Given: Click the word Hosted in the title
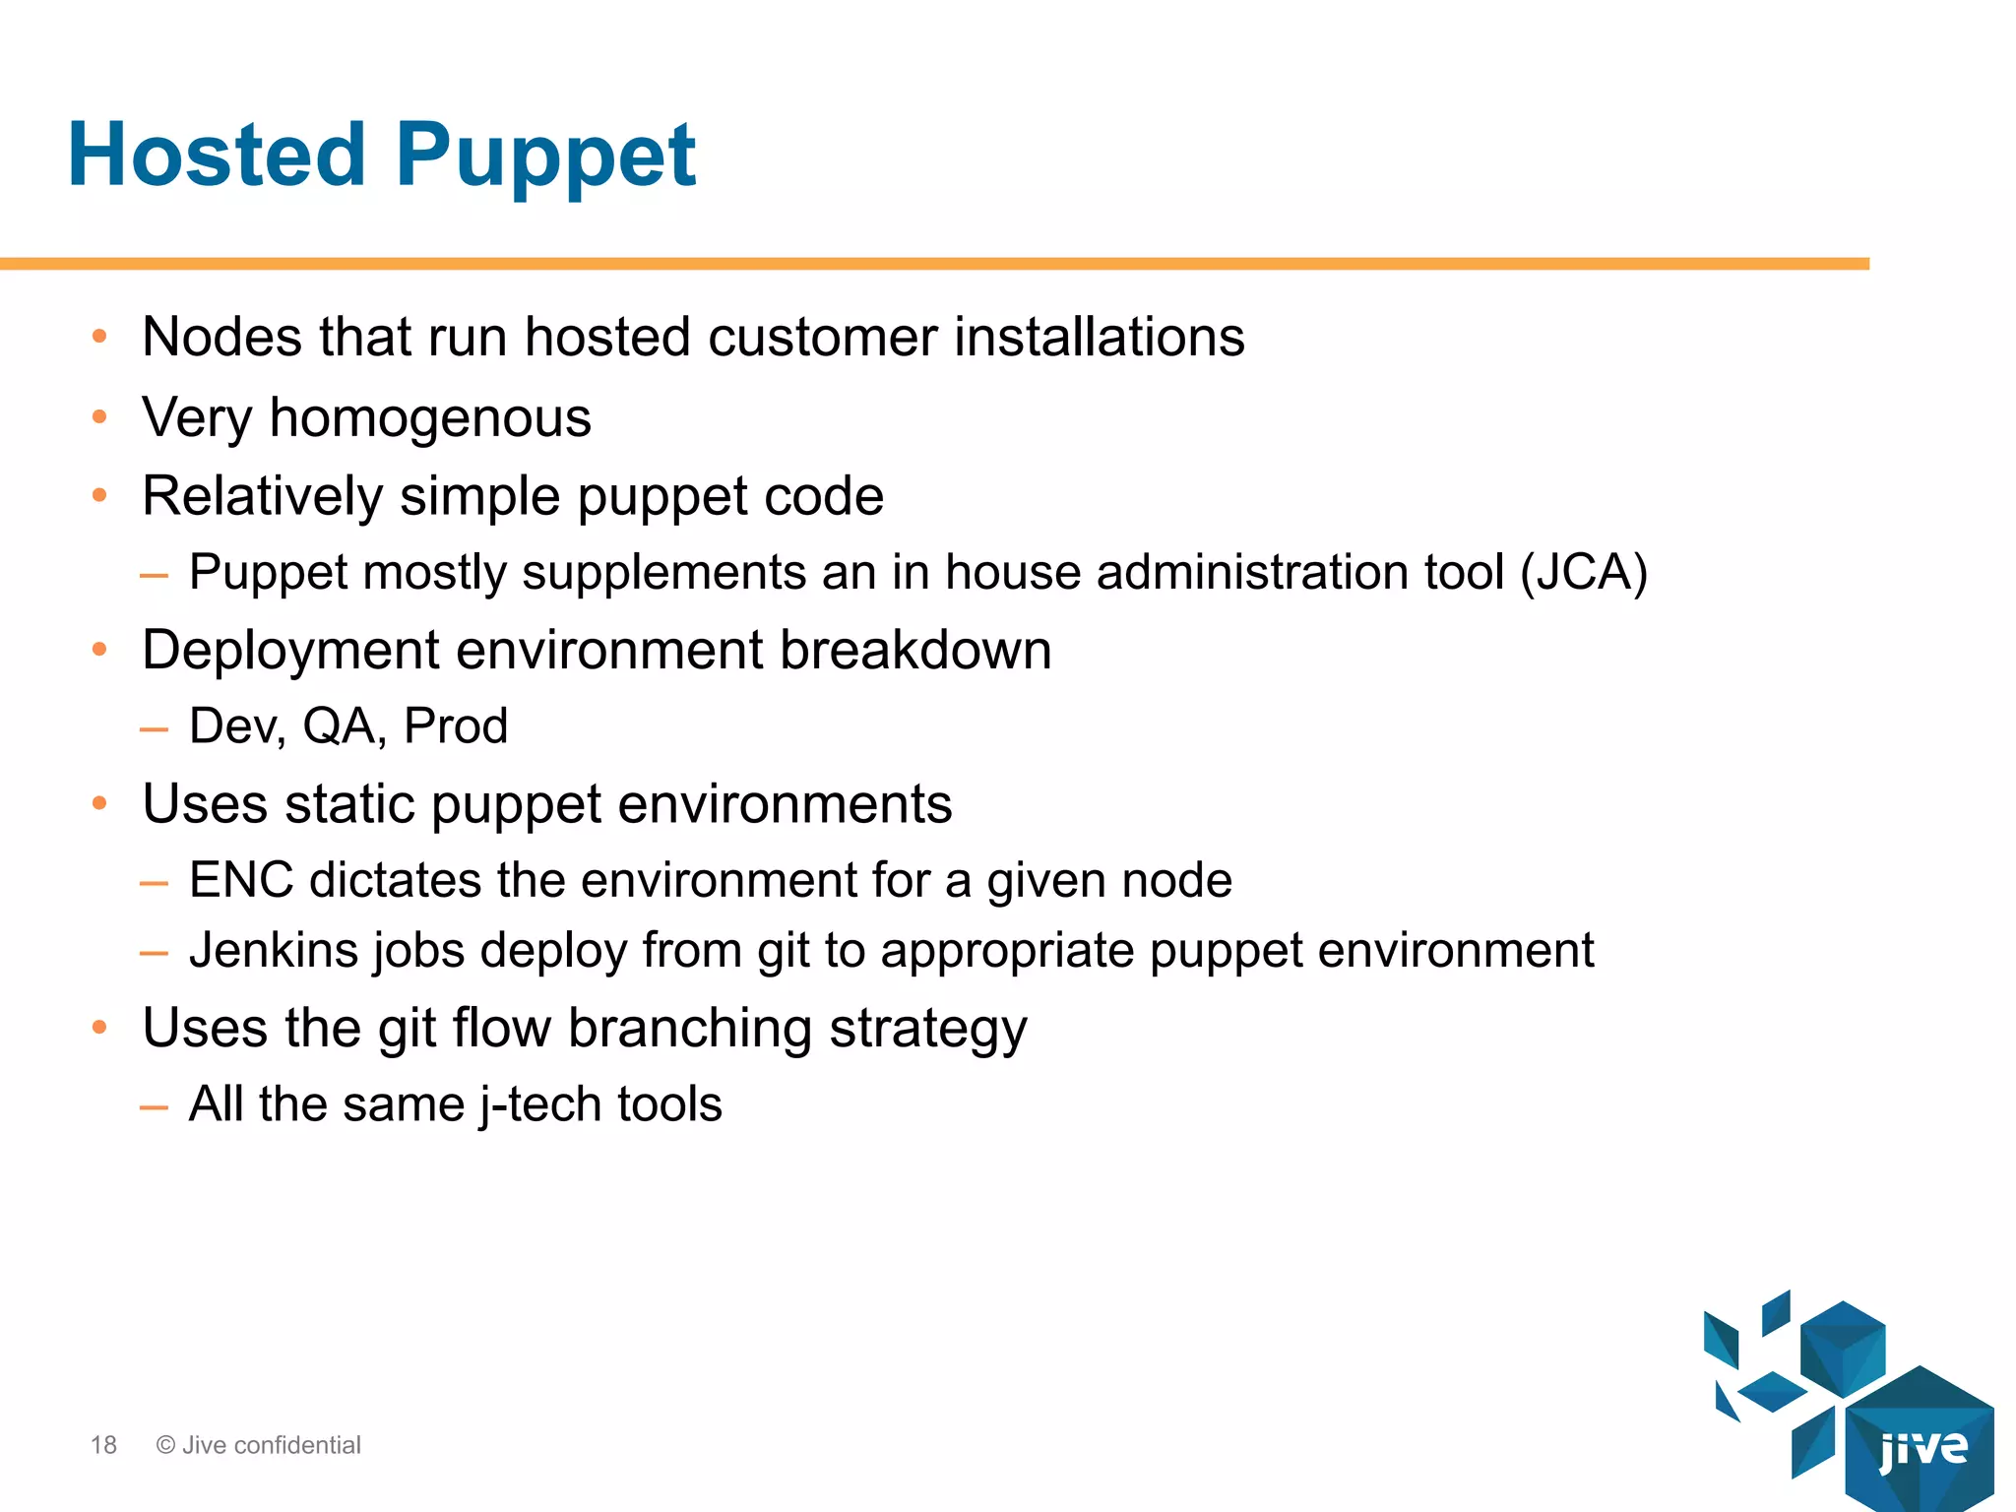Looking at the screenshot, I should pyautogui.click(x=217, y=155).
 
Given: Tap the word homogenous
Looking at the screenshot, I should pyautogui.click(x=430, y=418).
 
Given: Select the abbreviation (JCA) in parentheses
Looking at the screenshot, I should pyautogui.click(x=1583, y=573).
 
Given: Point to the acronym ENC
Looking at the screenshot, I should pyautogui.click(x=240, y=880).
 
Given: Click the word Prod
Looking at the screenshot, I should pyautogui.click(x=456, y=726).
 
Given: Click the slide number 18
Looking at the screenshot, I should pyautogui.click(x=103, y=1445).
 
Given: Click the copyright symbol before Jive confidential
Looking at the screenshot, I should pyautogui.click(x=165, y=1445).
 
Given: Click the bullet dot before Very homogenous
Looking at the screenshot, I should pyautogui.click(x=98, y=417).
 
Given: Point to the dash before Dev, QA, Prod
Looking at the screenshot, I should pyautogui.click(x=154, y=729).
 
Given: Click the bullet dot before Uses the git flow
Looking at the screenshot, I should pyautogui.click(x=98, y=1028).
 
